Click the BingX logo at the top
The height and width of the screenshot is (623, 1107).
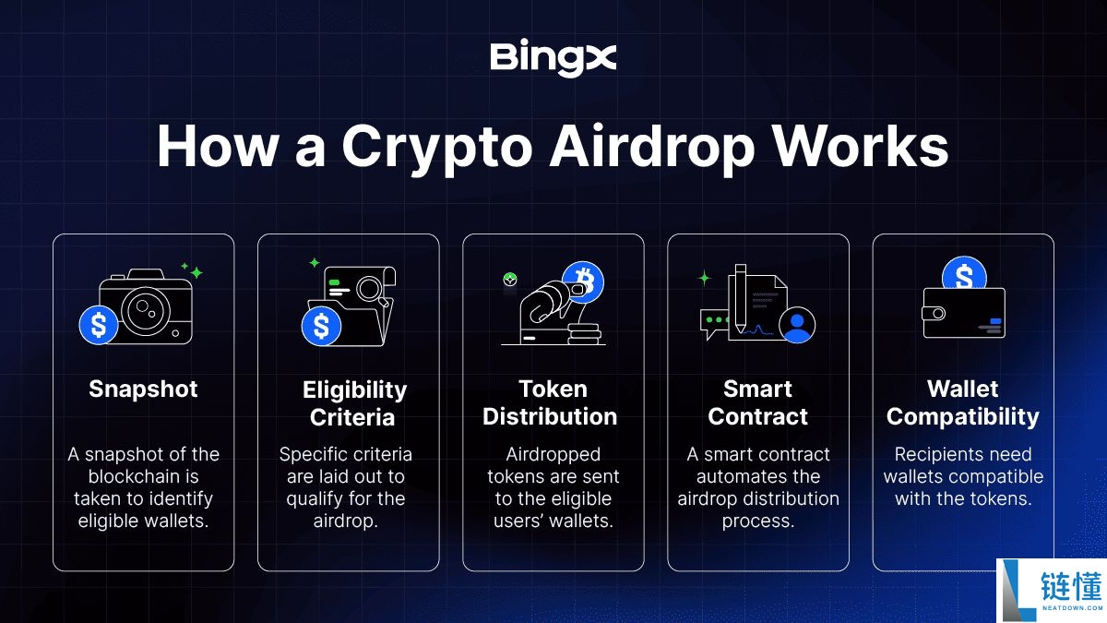[x=553, y=58]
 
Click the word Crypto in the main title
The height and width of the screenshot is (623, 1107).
[x=436, y=149]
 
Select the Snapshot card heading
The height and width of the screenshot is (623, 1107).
[x=143, y=389]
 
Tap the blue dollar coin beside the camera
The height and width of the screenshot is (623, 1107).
[x=99, y=325]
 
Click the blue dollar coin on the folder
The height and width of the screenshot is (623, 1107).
[x=321, y=326]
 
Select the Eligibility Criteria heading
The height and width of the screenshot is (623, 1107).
[x=354, y=403]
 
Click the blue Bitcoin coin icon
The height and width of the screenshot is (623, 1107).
[x=583, y=282]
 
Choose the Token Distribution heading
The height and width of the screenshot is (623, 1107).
[x=550, y=402]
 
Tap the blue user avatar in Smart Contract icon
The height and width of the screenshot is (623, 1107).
[x=797, y=325]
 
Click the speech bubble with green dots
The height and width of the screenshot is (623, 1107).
[x=714, y=323]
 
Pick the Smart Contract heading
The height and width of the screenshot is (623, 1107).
[x=757, y=402]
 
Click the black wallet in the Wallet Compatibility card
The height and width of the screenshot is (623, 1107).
[x=964, y=314]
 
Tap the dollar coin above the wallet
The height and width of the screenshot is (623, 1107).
[x=964, y=273]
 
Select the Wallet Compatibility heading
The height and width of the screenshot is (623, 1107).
[x=963, y=402]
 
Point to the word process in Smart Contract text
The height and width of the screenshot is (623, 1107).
[x=758, y=521]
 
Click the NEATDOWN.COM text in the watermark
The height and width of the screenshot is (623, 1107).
[x=1070, y=608]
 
